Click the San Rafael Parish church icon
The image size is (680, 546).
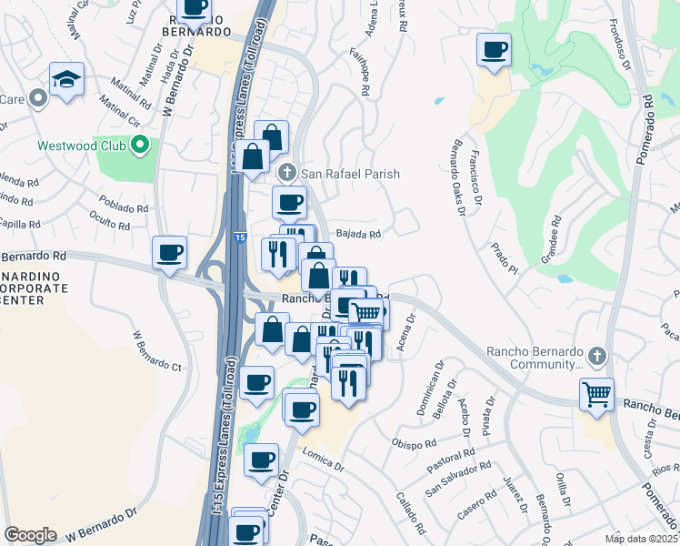(287, 173)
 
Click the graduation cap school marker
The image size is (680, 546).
(67, 81)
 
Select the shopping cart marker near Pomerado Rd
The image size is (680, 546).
(596, 395)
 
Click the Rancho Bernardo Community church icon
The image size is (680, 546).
(596, 354)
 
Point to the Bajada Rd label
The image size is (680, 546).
(358, 233)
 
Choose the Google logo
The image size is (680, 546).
(30, 535)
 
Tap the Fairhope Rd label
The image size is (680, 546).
(359, 73)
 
